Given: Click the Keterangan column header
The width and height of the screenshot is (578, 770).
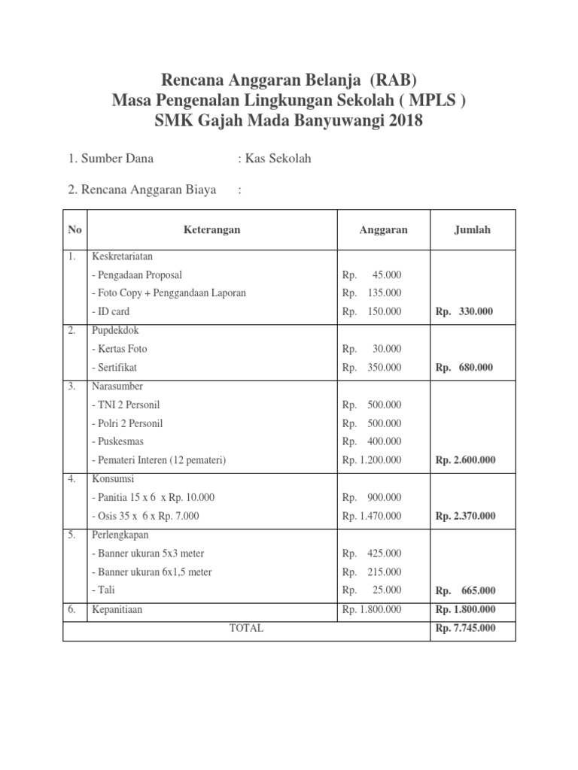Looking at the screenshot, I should [212, 230].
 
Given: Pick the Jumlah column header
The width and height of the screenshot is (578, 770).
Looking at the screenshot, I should [472, 230].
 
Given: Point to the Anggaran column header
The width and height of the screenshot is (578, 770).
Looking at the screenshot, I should [383, 230].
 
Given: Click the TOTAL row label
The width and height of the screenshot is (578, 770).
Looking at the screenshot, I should [246, 628].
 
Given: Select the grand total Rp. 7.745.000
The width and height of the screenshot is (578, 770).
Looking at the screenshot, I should [465, 628].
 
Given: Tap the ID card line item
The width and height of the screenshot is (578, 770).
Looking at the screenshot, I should [111, 311].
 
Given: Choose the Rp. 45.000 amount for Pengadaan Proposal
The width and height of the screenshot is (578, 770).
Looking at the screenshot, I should [372, 275].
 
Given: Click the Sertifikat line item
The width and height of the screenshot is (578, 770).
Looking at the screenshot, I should [114, 368].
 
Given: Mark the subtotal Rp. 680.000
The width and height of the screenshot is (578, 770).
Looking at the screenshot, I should [464, 368].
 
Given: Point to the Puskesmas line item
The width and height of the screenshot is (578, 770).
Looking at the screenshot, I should [117, 441].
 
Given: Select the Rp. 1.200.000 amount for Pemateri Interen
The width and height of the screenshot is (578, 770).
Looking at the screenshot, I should [372, 460].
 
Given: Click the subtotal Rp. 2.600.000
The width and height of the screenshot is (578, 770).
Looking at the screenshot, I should [465, 460].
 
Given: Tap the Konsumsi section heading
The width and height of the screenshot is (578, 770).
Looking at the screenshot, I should [111, 479].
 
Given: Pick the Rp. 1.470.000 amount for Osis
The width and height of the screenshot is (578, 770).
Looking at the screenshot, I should [372, 516].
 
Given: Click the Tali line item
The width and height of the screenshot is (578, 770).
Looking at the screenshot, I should [103, 590].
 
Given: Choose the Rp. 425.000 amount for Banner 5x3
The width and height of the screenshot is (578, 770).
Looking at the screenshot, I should [372, 553].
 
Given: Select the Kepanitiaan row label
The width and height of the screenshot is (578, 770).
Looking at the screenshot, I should [117, 610].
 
